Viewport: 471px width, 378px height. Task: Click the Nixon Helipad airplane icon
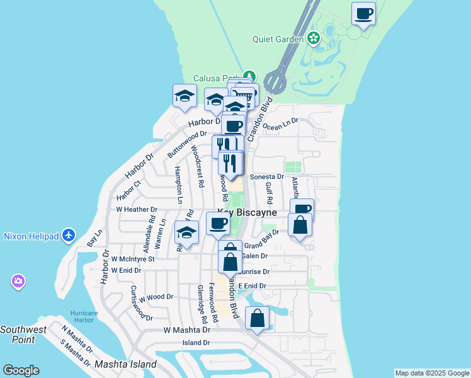pos(69,236)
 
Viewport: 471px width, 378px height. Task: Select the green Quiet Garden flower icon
pos(314,39)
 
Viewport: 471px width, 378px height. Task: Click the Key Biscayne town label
pos(247,213)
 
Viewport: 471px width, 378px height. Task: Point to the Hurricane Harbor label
pos(84,316)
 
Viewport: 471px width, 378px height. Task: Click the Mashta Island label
pos(125,365)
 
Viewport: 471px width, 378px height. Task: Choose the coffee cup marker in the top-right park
pos(364,13)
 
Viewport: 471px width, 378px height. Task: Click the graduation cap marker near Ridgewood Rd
pos(186,234)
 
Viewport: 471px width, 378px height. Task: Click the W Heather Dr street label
pos(137,209)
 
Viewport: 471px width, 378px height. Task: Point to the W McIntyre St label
pos(133,259)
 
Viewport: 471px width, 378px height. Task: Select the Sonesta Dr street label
pos(267,177)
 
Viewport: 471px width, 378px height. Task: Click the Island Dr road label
pos(196,343)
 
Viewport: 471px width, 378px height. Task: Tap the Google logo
pos(21,370)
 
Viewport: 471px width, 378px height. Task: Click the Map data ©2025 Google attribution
pos(432,373)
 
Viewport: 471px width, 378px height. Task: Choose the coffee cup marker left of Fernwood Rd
pos(218,224)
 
